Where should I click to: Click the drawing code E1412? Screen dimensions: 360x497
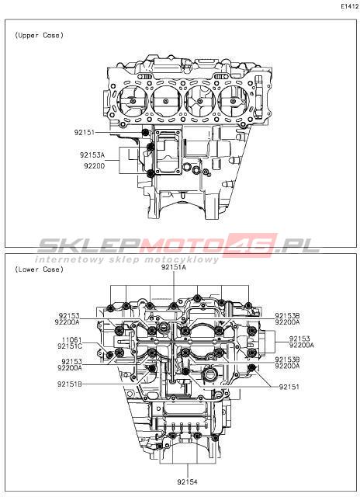[350, 6]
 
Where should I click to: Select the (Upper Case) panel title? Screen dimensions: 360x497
[39, 35]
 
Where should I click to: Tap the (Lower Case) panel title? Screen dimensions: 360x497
[39, 269]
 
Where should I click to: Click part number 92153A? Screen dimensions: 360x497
[92, 155]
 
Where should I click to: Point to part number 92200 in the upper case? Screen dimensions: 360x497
[95, 165]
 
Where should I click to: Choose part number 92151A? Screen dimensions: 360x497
[174, 267]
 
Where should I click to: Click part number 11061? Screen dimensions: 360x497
[71, 340]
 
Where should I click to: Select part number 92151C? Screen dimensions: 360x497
[70, 346]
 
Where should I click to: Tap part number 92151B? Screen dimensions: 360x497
[70, 384]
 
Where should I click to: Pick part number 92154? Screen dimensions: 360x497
[187, 482]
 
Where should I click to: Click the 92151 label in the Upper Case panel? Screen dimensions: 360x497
[85, 133]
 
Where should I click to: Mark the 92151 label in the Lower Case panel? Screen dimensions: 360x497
[289, 387]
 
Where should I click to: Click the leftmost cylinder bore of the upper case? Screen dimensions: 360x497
[133, 102]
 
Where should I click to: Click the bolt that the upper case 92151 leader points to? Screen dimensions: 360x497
[146, 133]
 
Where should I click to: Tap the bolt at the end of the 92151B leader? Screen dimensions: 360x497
[153, 368]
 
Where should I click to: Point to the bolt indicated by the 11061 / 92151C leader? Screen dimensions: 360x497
[110, 355]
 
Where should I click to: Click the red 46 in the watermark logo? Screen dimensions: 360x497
[252, 245]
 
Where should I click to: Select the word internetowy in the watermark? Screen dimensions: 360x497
[69, 259]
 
